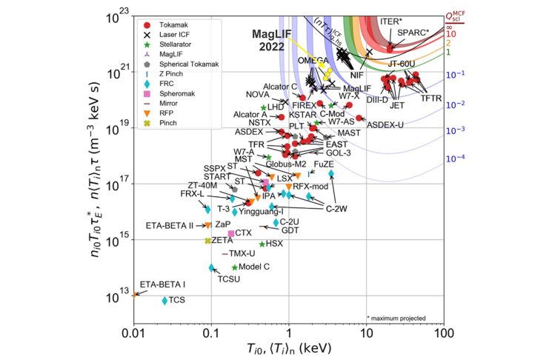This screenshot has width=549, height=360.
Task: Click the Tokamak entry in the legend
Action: (x=172, y=24)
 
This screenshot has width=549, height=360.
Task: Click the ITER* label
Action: (x=393, y=22)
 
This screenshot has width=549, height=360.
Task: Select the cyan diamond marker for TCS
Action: (x=164, y=300)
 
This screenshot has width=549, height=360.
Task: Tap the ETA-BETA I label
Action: (x=164, y=284)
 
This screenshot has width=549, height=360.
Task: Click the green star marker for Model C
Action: (x=235, y=267)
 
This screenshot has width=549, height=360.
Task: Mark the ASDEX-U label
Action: (x=385, y=125)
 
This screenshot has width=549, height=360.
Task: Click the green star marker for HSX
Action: (x=262, y=244)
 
